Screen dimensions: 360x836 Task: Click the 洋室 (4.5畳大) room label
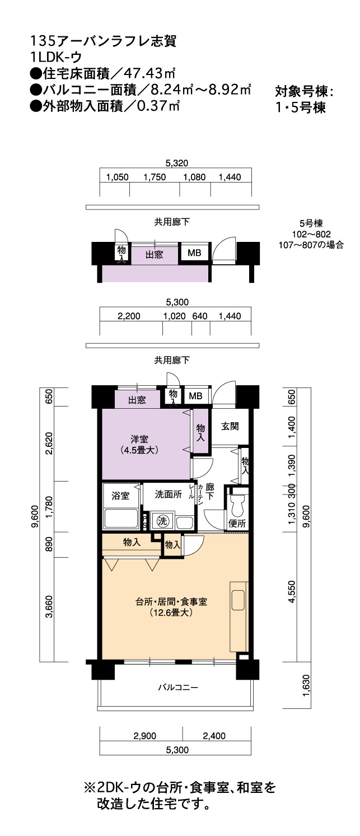pyautogui.click(x=139, y=445)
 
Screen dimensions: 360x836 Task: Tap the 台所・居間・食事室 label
pyautogui.click(x=171, y=601)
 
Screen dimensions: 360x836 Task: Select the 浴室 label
pyautogui.click(x=120, y=496)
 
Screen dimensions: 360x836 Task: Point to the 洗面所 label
pyautogui.click(x=169, y=494)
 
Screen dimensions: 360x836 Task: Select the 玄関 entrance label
pyautogui.click(x=230, y=426)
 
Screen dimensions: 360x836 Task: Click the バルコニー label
pyautogui.click(x=177, y=687)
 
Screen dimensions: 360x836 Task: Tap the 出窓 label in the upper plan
pyautogui.click(x=154, y=255)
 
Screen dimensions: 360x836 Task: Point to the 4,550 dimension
pyautogui.click(x=292, y=591)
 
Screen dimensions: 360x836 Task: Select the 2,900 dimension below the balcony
pyautogui.click(x=145, y=735)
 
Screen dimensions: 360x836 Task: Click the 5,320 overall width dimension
pyautogui.click(x=177, y=163)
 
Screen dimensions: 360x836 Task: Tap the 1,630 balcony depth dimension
pyautogui.click(x=306, y=685)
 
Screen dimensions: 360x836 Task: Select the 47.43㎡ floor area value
pyautogui.click(x=151, y=73)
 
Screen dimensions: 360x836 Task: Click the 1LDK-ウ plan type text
pyautogui.click(x=56, y=57)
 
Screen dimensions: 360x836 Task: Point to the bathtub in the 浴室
pyautogui.click(x=120, y=519)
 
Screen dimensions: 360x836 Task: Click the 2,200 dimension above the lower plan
pyautogui.click(x=129, y=316)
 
